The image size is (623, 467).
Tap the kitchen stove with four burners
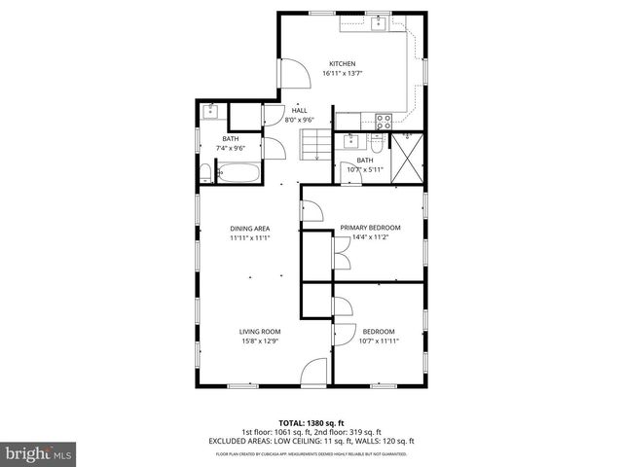click(384, 122)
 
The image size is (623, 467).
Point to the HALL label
click(300, 111)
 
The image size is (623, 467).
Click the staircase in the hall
click(312, 146)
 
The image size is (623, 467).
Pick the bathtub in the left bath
click(238, 175)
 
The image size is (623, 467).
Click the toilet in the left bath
click(206, 175)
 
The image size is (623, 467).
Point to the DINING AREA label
click(249, 228)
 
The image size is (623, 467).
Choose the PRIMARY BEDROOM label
click(370, 228)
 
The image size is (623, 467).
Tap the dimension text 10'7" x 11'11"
click(379, 341)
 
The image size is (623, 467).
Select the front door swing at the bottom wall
click(313, 373)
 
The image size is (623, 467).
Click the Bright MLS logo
click(38, 452)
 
